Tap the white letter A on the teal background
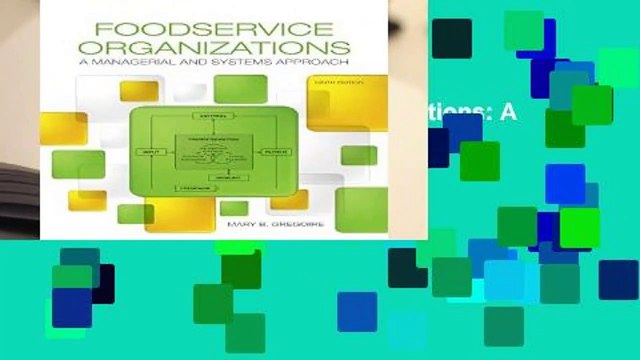(510, 113)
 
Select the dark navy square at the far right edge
(619, 279)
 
